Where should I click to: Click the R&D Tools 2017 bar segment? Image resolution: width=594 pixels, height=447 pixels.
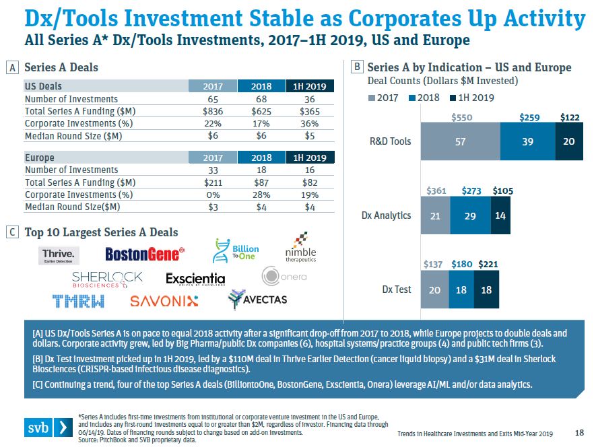point(460,141)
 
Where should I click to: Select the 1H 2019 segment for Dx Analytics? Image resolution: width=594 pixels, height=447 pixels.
point(500,215)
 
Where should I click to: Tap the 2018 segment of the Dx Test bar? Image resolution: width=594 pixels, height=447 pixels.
point(461,289)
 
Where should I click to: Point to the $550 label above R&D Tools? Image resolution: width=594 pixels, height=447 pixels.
point(461,117)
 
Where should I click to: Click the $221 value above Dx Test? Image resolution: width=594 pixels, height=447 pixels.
point(488,265)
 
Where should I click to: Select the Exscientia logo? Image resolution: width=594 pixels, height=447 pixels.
point(195,277)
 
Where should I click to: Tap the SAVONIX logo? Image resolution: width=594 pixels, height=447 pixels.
point(164,301)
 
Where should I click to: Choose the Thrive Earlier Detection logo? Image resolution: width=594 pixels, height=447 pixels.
point(60,254)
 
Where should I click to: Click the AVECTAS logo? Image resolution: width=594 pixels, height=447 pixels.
point(257,299)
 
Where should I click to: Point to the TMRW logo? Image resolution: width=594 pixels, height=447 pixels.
point(78,301)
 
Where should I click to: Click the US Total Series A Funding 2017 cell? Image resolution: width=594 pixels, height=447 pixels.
point(212,111)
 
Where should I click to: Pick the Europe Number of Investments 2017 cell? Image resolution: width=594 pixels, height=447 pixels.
point(212,170)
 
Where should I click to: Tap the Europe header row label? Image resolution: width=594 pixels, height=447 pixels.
point(40,158)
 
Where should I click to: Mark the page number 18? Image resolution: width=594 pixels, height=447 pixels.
point(580,432)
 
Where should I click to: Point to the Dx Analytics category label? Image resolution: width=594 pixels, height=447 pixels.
point(387,215)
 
